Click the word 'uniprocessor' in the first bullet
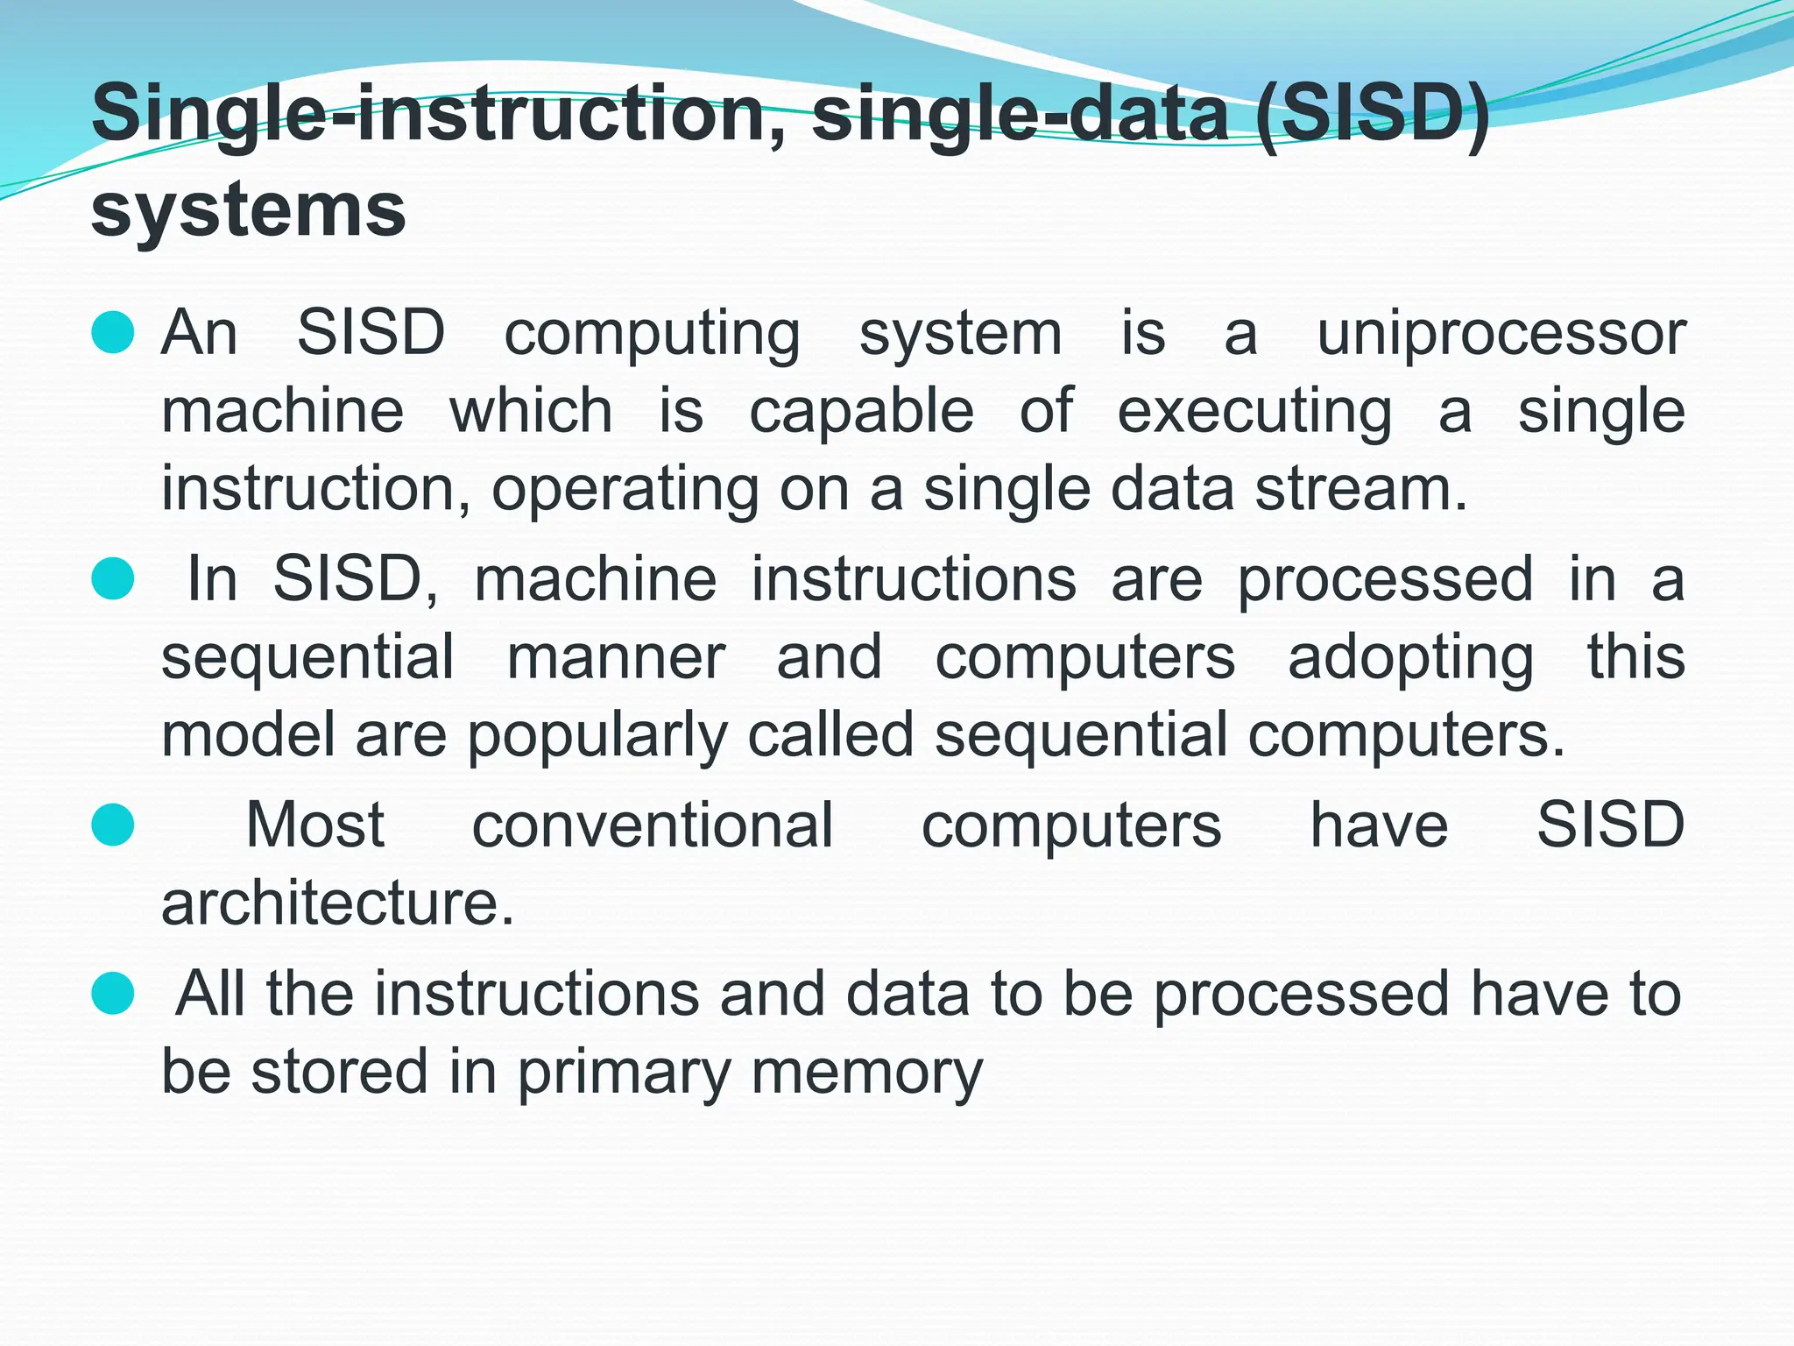click(1501, 335)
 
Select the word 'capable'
click(861, 412)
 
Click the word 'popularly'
click(597, 737)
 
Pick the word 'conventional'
click(652, 825)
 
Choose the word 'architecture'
click(336, 903)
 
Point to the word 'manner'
click(616, 657)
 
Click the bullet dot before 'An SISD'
click(113, 333)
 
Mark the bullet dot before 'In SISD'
click(113, 579)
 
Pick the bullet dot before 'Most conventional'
click(113, 825)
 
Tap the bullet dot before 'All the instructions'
click(113, 994)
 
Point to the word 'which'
click(531, 412)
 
